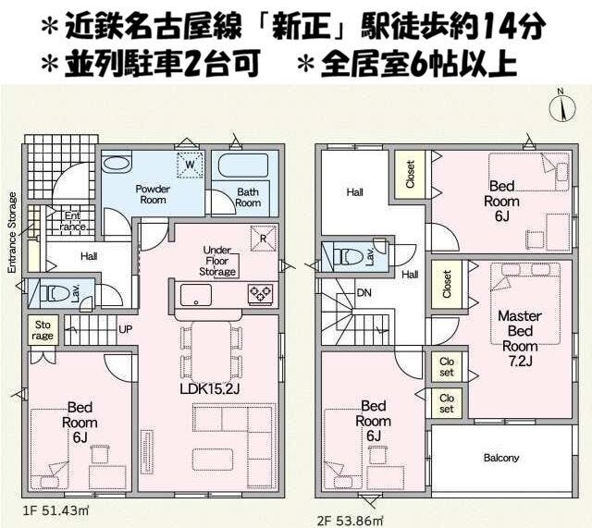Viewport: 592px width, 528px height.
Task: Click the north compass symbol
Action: (x=561, y=106)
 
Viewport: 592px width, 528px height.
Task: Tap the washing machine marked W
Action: (x=191, y=165)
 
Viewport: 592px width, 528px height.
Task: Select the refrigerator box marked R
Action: (x=263, y=239)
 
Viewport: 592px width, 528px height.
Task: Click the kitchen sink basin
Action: (x=195, y=295)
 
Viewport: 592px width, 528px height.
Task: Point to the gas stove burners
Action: (x=261, y=294)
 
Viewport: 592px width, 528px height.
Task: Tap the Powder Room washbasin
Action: (x=117, y=164)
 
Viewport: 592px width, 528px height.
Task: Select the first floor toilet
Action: (x=57, y=292)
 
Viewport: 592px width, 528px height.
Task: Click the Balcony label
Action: (x=501, y=458)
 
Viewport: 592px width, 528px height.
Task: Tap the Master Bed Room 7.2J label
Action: (x=520, y=338)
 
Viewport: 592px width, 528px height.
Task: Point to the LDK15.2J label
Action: (x=210, y=388)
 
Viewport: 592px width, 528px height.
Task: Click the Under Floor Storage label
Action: (x=217, y=261)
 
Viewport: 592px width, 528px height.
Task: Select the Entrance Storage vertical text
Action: (x=12, y=232)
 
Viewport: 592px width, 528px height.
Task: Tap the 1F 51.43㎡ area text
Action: (x=55, y=511)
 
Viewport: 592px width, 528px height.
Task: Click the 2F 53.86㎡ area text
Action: (x=349, y=521)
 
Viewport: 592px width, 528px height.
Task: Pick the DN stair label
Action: (x=364, y=292)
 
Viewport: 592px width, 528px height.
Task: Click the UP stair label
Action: (x=126, y=329)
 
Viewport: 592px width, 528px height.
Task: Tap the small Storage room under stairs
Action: (x=43, y=330)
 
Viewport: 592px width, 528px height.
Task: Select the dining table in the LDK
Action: (x=211, y=351)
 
